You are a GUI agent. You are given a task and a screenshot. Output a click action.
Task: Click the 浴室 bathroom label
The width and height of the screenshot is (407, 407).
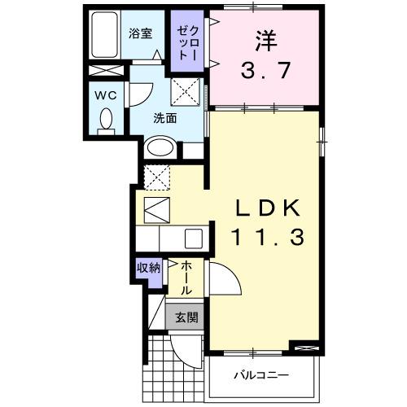(140, 34)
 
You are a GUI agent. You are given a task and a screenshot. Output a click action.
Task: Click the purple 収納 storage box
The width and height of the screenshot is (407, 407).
(148, 268)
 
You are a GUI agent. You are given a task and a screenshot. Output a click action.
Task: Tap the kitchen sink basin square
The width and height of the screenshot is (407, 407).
(193, 239)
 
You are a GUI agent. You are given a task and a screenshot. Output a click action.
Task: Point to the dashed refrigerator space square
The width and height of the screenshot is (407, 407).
(156, 175)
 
